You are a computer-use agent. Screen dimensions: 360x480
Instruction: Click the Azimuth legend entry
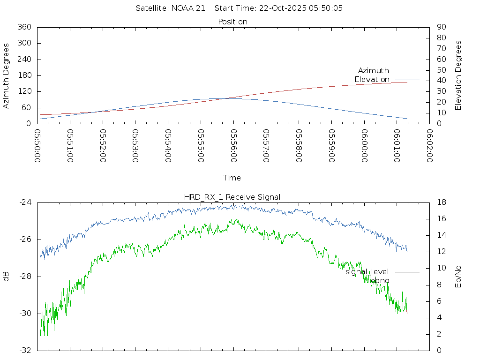point(374,71)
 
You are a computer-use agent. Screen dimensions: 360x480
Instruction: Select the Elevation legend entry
point(372,80)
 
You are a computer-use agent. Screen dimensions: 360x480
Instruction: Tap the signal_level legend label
point(367,272)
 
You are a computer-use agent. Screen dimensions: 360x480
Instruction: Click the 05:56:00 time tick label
point(233,146)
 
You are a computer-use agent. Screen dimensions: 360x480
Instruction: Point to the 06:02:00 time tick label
point(429,146)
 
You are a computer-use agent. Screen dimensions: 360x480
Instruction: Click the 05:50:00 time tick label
point(37,146)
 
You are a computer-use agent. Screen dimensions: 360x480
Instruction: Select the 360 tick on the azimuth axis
point(24,27)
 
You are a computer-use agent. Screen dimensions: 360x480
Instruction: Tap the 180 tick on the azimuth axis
point(24,75)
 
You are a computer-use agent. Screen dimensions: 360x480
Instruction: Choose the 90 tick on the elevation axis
point(441,27)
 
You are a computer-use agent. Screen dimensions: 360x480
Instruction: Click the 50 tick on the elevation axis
point(441,70)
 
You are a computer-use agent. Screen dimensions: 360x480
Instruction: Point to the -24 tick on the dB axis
point(25,202)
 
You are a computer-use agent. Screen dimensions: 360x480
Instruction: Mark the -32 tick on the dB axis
point(25,350)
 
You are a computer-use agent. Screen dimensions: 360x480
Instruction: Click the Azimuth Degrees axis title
point(7,75)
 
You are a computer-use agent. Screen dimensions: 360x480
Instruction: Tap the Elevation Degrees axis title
point(458,75)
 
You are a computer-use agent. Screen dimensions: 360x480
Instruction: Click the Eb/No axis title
point(458,277)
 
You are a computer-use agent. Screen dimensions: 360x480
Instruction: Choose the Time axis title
point(232,178)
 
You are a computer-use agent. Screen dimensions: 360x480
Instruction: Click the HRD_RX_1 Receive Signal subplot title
point(232,197)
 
